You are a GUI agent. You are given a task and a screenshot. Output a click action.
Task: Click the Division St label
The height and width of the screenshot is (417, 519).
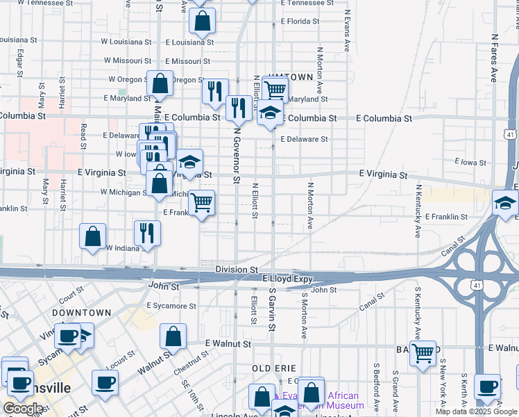point(237,269)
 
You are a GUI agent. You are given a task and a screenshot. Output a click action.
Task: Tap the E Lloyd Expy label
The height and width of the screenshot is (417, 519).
point(287,279)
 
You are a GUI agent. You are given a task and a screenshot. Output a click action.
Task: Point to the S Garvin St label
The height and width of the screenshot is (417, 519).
point(272,312)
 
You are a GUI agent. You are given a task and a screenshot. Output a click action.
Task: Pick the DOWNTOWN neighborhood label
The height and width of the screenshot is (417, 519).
point(81,313)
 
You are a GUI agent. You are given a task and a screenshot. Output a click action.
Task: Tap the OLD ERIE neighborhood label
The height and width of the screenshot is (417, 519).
point(274,368)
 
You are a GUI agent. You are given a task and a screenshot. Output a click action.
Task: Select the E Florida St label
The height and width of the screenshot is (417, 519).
point(300,22)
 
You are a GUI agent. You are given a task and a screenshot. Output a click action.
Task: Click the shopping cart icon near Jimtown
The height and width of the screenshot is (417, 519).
point(276,89)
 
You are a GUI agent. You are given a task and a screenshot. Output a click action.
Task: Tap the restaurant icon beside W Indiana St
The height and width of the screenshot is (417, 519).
point(147,233)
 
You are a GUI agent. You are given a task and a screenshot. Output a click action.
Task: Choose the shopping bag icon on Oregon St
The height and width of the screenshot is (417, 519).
point(160,83)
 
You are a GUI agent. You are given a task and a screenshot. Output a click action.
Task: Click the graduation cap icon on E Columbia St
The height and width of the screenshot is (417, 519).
point(270,113)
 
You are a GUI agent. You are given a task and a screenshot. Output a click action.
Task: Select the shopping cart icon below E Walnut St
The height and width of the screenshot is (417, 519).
point(423,353)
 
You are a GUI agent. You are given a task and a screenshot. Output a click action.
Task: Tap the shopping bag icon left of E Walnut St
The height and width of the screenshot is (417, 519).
point(173,337)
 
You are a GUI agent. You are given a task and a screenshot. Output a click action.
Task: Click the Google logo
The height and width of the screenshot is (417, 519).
point(22,409)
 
